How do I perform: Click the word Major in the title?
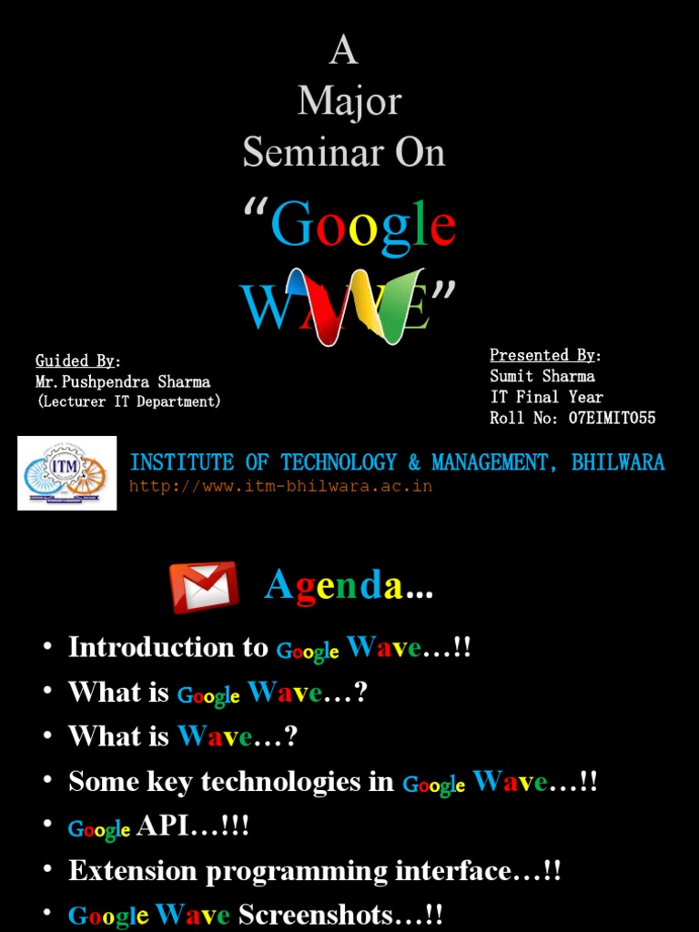click(349, 101)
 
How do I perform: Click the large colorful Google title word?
click(363, 226)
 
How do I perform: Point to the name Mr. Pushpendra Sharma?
click(123, 381)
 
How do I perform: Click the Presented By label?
click(544, 355)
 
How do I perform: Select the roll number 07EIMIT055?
click(612, 418)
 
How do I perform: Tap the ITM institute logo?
click(67, 473)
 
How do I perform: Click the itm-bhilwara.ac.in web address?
click(280, 486)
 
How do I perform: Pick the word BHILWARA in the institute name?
click(618, 462)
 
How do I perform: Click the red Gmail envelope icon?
click(204, 587)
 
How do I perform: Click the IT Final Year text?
click(546, 397)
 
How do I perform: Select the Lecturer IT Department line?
click(128, 401)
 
